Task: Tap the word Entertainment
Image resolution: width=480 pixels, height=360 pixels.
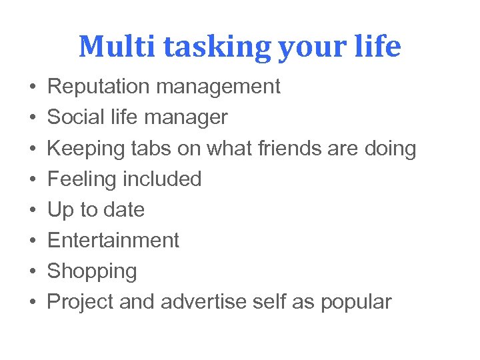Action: pyautogui.click(x=113, y=240)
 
